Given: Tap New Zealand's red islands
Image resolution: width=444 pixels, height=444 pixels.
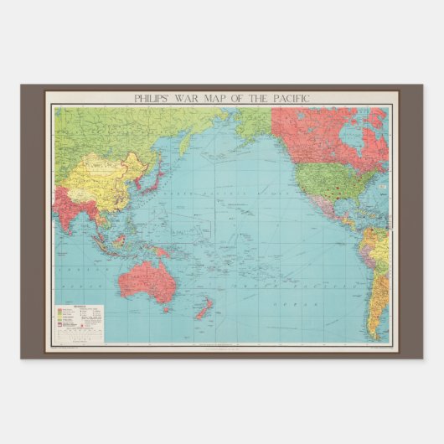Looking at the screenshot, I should point(201,311).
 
